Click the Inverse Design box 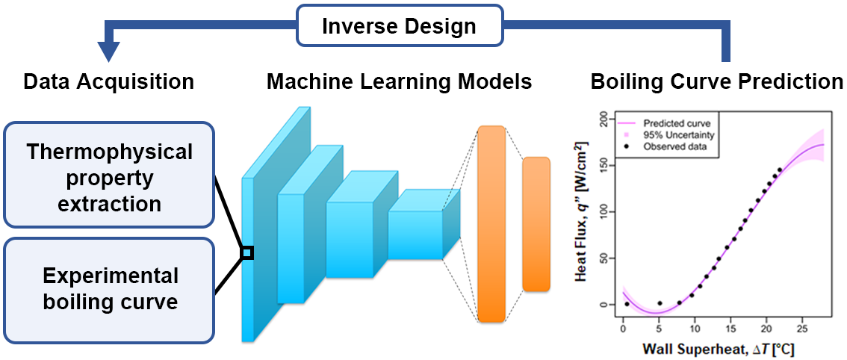tap(398, 27)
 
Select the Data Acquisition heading tap(109, 81)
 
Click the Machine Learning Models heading tap(399, 81)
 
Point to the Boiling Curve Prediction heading tap(716, 81)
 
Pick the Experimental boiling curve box tap(109, 290)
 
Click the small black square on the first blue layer tap(247, 253)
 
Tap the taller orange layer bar tap(491, 224)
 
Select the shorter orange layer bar tap(536, 224)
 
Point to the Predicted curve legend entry tap(676, 122)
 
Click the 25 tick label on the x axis tap(802, 329)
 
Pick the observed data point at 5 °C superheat tap(659, 303)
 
